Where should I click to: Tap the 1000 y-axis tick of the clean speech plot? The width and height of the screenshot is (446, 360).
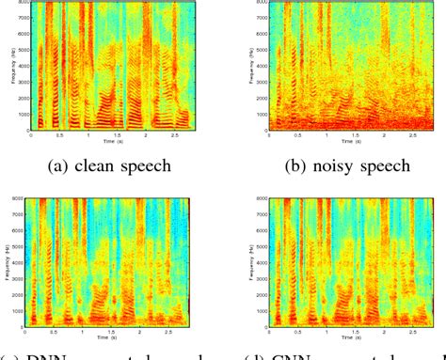[20, 114]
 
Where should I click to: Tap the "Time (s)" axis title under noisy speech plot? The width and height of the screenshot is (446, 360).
[340, 143]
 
